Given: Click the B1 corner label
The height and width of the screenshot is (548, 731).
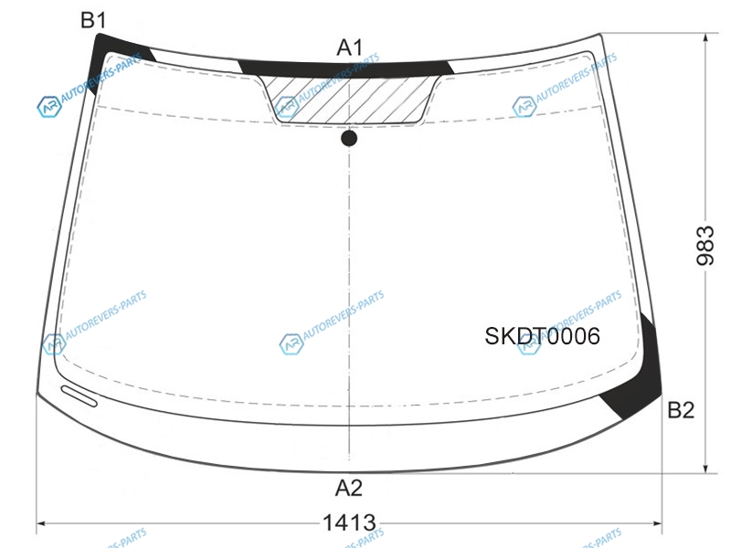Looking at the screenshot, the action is click(93, 20).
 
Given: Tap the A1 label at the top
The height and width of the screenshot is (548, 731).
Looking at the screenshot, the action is click(350, 47).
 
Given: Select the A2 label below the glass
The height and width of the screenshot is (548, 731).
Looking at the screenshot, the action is click(349, 488).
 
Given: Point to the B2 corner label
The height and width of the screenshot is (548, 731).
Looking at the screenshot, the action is click(681, 410).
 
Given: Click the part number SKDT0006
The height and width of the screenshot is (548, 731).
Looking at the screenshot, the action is click(542, 336).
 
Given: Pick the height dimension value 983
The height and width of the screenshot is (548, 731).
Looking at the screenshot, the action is click(705, 246).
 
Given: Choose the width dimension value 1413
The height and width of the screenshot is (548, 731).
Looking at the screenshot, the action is click(349, 522).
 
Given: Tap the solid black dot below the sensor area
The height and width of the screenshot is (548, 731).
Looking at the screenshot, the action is click(349, 139).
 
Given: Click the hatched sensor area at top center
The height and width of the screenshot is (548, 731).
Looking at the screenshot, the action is click(350, 99).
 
